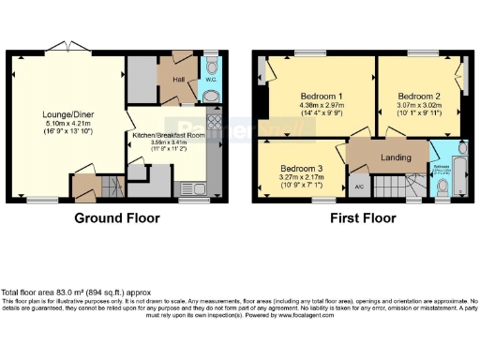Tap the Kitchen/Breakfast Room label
(169, 135)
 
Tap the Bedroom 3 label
(301, 170)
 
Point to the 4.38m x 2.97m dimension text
(321, 106)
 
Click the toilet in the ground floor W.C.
(212, 67)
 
